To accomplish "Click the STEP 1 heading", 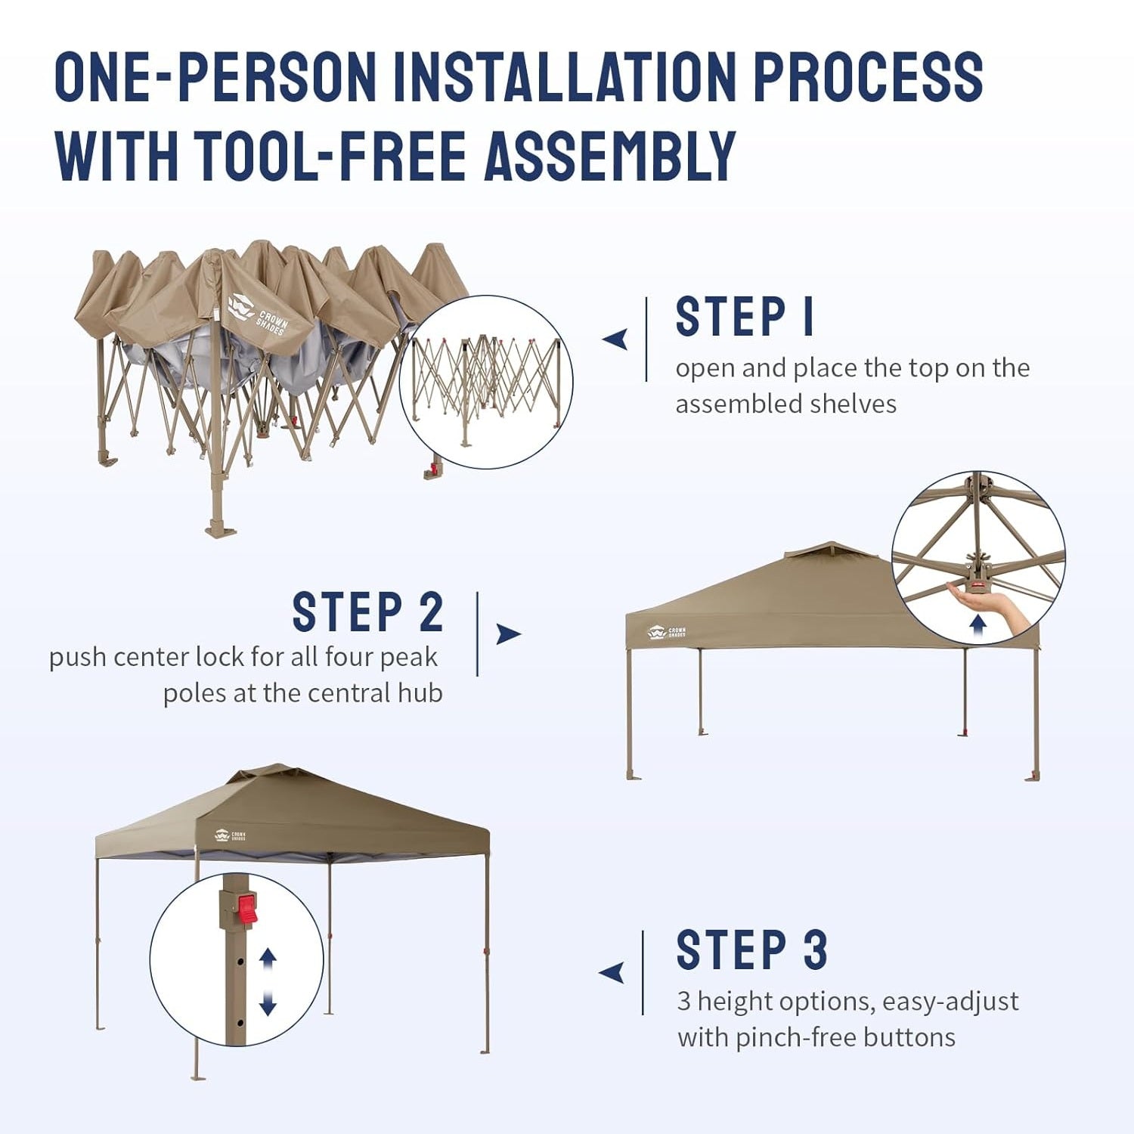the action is click(x=745, y=316).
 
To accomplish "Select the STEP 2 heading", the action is click(x=367, y=612).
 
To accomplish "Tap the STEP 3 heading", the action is click(x=751, y=950).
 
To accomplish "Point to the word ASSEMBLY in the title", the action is click(x=610, y=156).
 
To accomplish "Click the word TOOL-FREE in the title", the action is click(x=330, y=156).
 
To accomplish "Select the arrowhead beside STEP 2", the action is click(x=509, y=634).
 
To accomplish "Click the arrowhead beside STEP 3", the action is click(x=612, y=973).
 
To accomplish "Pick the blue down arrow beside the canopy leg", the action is click(x=268, y=1003).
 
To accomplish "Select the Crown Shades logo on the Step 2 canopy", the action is click(x=666, y=632).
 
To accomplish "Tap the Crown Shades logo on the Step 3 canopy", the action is click(x=230, y=835).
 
